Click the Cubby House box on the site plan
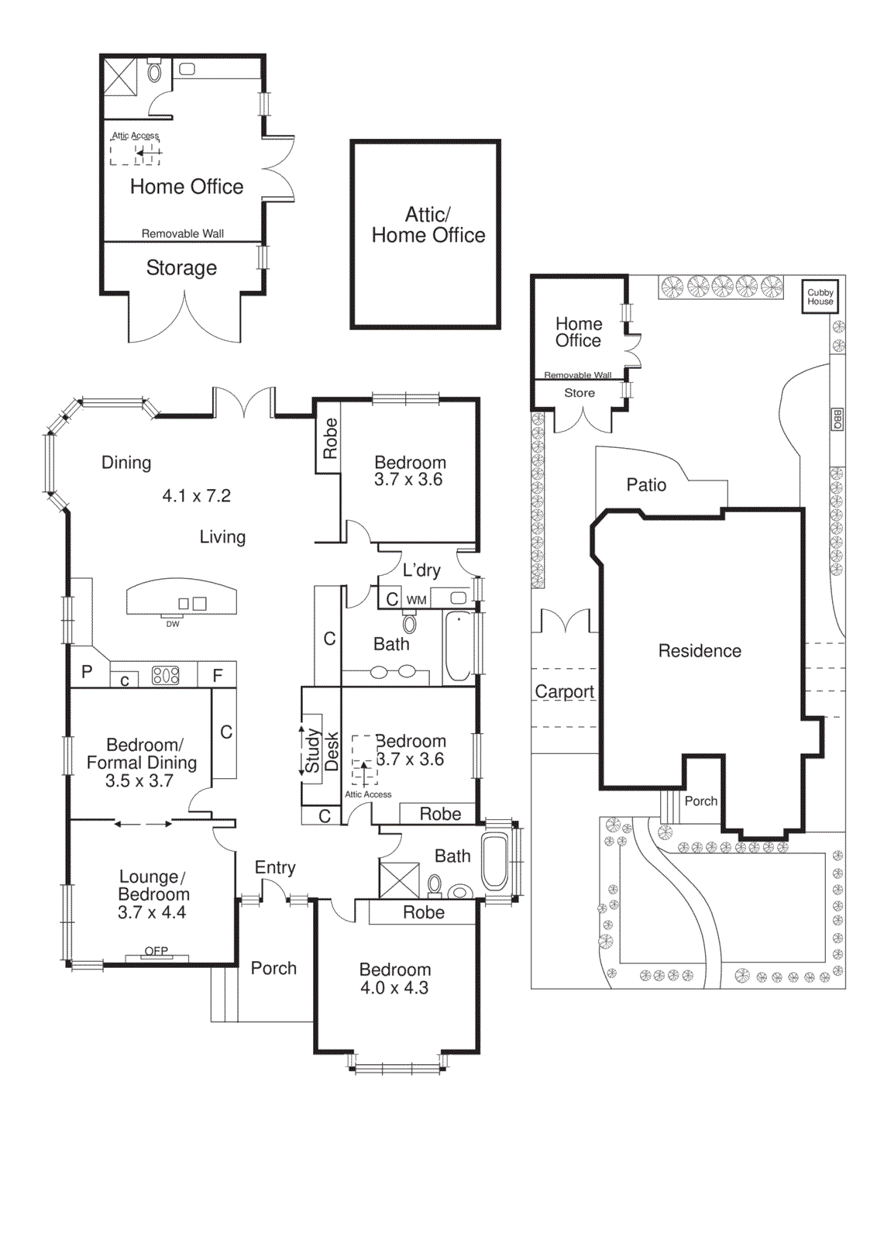pyautogui.click(x=820, y=297)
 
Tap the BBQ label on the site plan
pyautogui.click(x=837, y=419)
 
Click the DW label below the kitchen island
pyautogui.click(x=172, y=624)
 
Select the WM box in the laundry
pyautogui.click(x=416, y=600)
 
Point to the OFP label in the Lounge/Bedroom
pyautogui.click(x=156, y=951)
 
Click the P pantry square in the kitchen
pyautogui.click(x=88, y=673)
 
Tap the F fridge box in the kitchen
pyautogui.click(x=218, y=675)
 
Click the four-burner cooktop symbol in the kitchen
pyautogui.click(x=166, y=675)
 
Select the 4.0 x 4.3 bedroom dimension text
pyautogui.click(x=394, y=988)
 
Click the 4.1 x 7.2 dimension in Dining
pyautogui.click(x=197, y=496)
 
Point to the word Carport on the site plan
pyautogui.click(x=564, y=691)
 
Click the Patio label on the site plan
pyautogui.click(x=646, y=485)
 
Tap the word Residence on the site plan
pyautogui.click(x=700, y=651)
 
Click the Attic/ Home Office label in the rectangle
pyautogui.click(x=428, y=225)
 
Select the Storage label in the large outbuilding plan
pyautogui.click(x=181, y=268)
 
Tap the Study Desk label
pyautogui.click(x=321, y=750)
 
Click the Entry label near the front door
pyautogui.click(x=275, y=868)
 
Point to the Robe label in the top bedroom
pyautogui.click(x=329, y=438)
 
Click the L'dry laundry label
pyautogui.click(x=421, y=570)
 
